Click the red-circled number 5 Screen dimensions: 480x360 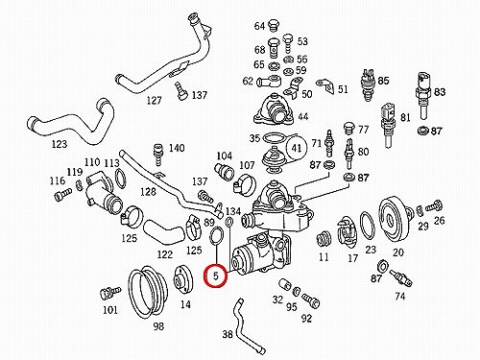click(216, 276)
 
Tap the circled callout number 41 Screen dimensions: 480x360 click(297, 148)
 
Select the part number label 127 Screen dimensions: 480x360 click(154, 101)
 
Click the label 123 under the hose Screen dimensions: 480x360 click(60, 144)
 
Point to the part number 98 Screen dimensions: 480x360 click(158, 326)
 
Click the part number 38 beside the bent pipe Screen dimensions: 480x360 click(228, 334)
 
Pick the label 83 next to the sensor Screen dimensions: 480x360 click(440, 92)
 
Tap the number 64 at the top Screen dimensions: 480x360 click(259, 26)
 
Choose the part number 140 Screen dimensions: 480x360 click(177, 148)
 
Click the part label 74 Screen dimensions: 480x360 click(400, 297)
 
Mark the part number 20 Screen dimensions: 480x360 click(398, 252)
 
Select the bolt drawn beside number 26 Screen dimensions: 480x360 click(434, 205)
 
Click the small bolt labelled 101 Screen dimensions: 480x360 click(109, 293)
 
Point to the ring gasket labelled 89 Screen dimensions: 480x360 click(217, 235)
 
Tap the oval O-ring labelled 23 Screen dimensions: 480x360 click(368, 226)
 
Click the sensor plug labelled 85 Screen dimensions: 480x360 click(369, 84)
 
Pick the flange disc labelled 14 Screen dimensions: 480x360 click(182, 280)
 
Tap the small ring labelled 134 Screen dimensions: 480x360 click(229, 221)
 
